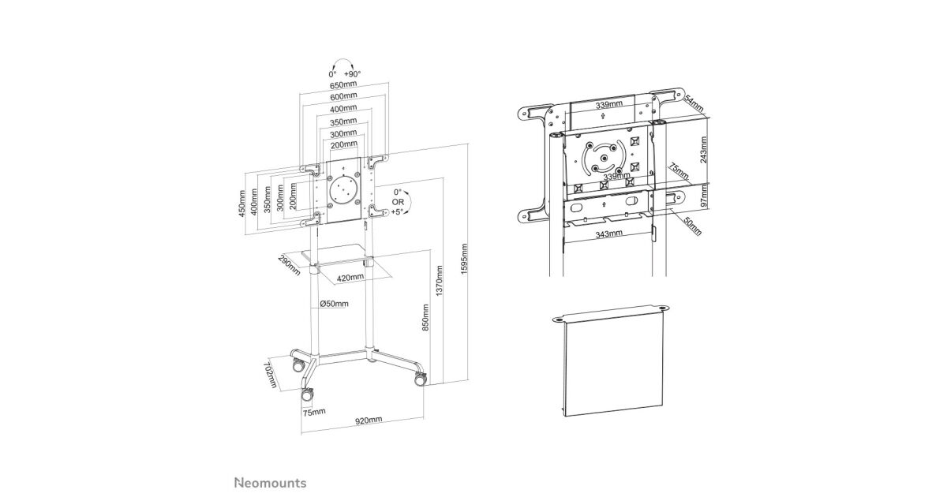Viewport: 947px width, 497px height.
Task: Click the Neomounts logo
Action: pos(271,483)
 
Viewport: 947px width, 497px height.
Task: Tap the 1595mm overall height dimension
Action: pos(464,259)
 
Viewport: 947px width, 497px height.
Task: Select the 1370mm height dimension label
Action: pos(440,281)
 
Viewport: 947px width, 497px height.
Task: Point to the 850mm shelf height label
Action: pos(425,317)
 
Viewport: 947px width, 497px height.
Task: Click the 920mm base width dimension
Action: pos(369,420)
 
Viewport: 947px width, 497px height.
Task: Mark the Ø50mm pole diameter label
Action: pos(334,304)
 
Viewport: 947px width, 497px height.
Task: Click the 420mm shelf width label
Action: pos(350,278)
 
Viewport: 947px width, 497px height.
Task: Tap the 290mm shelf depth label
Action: pos(289,265)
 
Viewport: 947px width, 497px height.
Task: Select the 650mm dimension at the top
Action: pos(343,84)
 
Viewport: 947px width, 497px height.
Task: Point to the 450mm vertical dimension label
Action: pos(241,204)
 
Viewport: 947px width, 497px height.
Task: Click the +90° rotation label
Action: pos(352,74)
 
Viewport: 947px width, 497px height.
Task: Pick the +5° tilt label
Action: pos(397,211)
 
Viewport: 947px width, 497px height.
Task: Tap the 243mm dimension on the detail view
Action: pos(703,149)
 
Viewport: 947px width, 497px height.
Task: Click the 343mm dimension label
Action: pos(608,234)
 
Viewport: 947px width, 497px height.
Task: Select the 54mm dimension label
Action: pos(694,103)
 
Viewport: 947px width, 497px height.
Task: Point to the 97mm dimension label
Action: pos(703,199)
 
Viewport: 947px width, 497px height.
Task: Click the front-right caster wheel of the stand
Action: pos(421,380)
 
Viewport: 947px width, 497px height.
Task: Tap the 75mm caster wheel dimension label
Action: pos(314,412)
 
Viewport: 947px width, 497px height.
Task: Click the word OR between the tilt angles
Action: pos(398,202)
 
